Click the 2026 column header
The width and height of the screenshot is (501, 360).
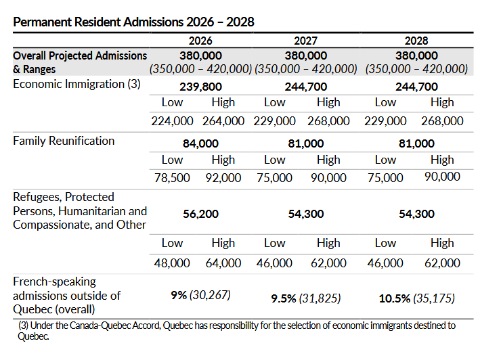[200, 41]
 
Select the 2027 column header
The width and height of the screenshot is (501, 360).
[306, 41]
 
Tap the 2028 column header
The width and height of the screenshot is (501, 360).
[416, 41]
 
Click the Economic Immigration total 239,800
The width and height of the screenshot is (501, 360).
[200, 87]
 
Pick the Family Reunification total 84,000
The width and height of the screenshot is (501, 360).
[200, 143]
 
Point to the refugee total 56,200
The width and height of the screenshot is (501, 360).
[200, 214]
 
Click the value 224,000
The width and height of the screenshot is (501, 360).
[172, 121]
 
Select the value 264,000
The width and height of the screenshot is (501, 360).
[223, 121]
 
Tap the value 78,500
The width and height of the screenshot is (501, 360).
[172, 178]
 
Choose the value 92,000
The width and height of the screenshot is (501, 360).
[223, 178]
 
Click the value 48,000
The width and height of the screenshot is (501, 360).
[172, 263]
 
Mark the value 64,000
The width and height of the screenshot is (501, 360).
[223, 263]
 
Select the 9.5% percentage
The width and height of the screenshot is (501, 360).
[284, 298]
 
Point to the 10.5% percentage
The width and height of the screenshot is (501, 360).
[395, 298]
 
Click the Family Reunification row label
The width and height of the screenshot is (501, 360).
[64, 141]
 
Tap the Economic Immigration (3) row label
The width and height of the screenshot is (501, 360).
[77, 84]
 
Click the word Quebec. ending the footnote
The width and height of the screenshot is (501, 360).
[34, 336]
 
